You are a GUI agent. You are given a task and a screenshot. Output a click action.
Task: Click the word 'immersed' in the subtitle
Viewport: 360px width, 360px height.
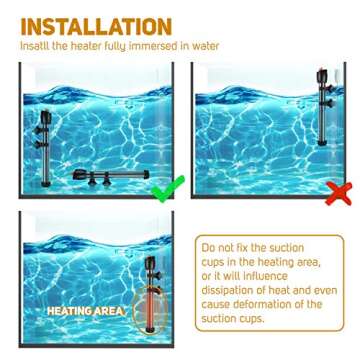click(170, 45)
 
